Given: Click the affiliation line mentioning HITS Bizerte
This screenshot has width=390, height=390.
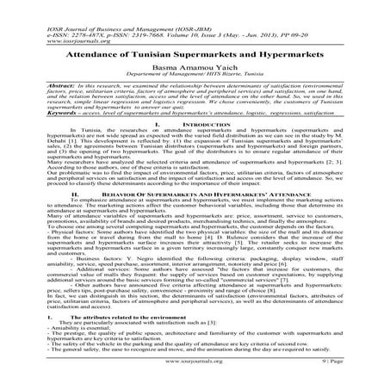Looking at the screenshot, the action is pos(195,75).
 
